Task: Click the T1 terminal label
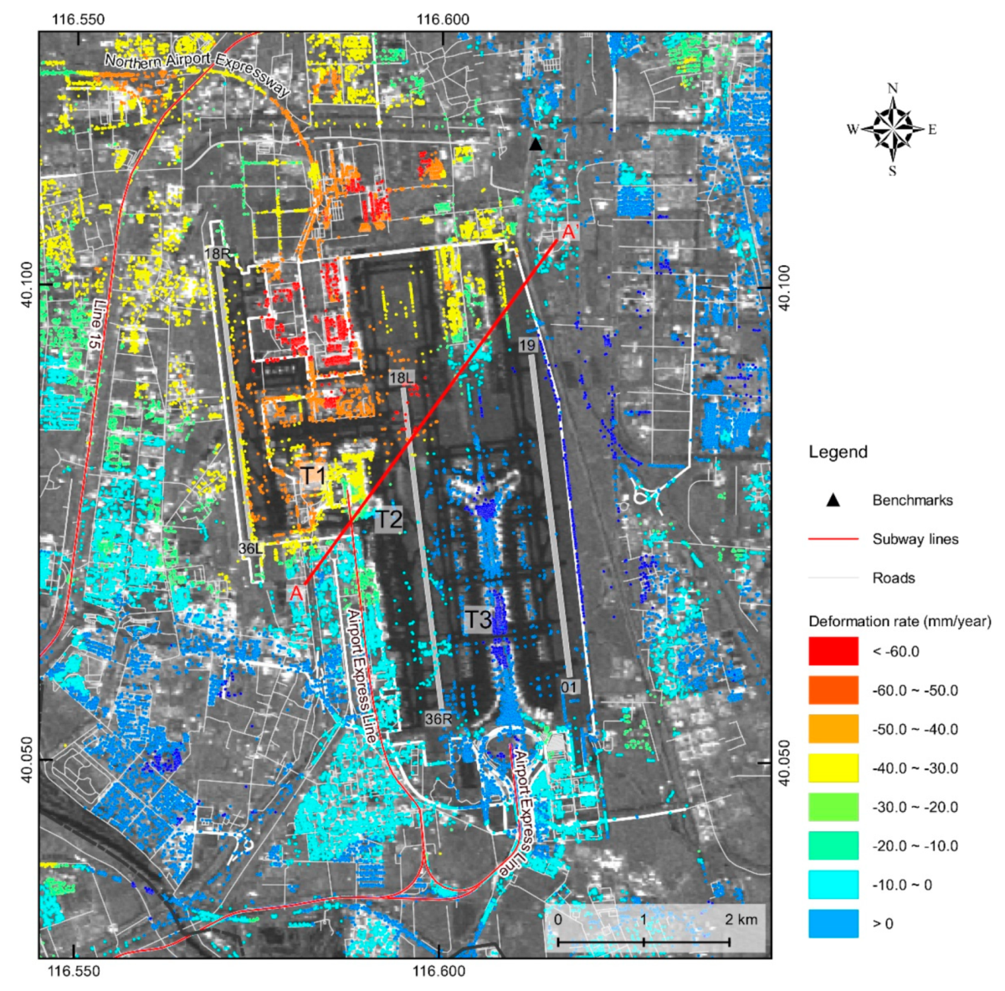313,476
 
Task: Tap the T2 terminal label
387,519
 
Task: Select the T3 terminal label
478,620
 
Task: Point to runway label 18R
216,253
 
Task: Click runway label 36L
251,549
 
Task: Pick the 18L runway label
402,378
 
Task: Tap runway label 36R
438,718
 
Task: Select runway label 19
527,345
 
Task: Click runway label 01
569,687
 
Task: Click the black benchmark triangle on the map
536,145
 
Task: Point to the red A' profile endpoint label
569,232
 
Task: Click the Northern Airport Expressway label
197,74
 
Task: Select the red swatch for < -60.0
833,651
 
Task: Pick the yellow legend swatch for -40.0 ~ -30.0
833,768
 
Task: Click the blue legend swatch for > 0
833,923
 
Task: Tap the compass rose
892,130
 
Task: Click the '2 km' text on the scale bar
741,919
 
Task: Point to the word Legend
838,452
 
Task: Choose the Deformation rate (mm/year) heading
900,621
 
